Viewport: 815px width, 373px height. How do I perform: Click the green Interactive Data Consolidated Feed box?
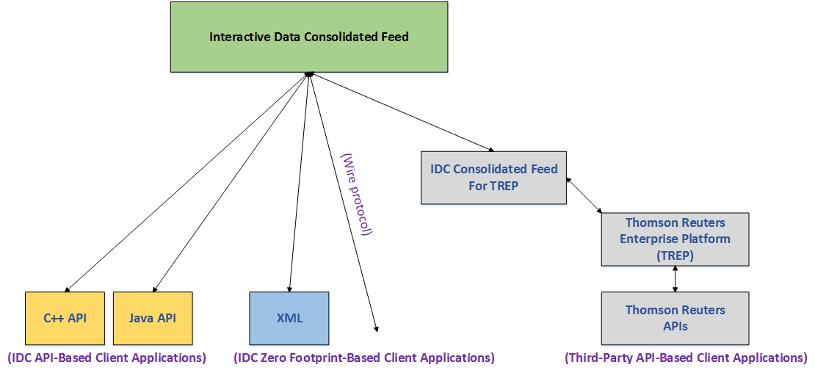308,37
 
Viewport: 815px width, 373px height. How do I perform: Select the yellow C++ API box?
65,318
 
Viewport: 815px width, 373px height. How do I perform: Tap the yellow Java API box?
153,318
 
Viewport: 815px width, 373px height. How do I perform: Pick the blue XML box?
289,318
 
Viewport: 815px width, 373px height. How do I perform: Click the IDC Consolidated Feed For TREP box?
493,178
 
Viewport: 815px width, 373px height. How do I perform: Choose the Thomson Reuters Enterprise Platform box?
675,239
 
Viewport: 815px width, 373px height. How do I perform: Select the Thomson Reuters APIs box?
675,318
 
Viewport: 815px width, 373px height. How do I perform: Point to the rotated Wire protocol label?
357,195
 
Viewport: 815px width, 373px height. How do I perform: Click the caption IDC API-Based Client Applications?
106,358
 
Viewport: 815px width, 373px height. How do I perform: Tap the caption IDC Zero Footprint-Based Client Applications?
364,358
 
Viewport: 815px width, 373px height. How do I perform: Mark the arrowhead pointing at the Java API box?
154,288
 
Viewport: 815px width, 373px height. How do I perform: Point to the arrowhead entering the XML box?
289,288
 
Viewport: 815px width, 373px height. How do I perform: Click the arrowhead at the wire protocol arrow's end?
377,327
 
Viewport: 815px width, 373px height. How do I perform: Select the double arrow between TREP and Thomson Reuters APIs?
675,278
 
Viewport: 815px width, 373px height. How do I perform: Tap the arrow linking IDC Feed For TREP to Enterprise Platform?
584,195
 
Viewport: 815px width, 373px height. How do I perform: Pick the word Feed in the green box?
396,37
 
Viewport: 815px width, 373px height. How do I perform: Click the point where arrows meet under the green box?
308,74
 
